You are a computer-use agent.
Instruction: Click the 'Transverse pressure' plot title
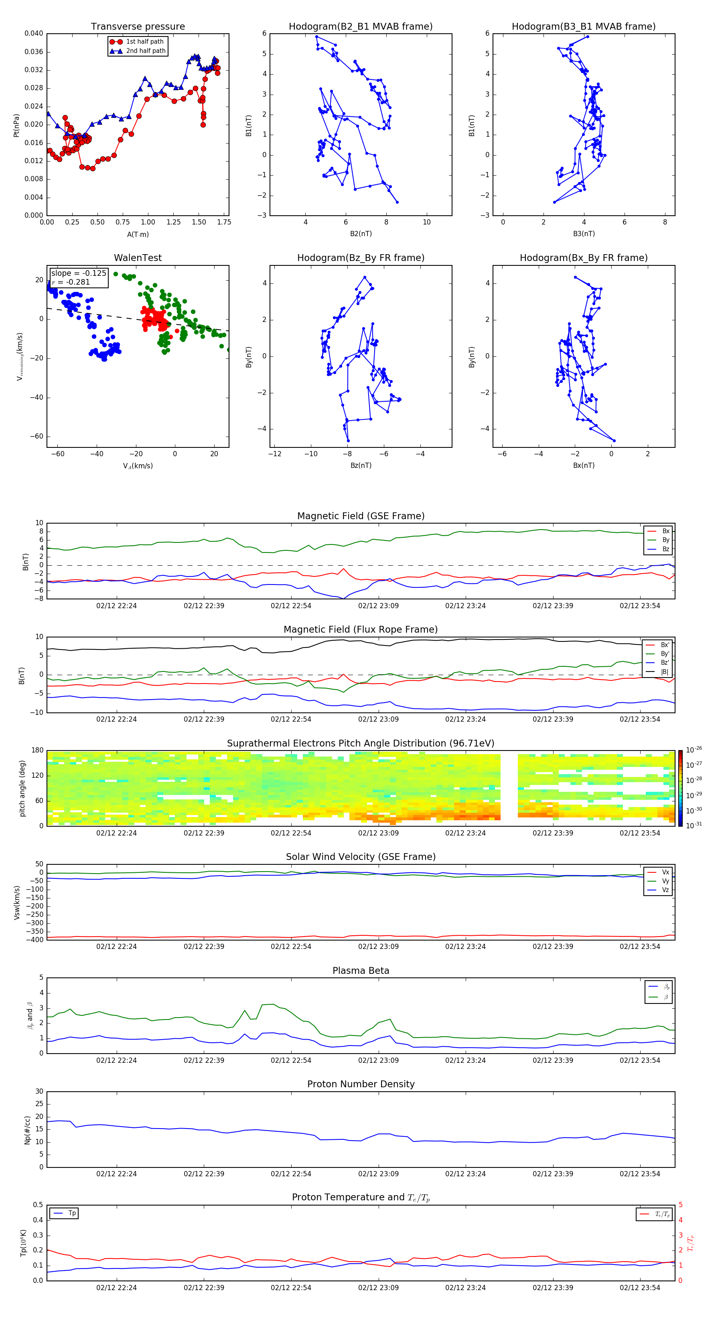[x=138, y=27]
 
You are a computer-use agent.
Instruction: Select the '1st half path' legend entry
[x=144, y=42]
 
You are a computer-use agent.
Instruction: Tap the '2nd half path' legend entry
[x=146, y=51]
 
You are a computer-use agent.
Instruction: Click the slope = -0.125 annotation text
[x=78, y=273]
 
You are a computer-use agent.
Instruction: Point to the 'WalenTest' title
[x=138, y=258]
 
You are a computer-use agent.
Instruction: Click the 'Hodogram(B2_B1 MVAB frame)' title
[x=360, y=27]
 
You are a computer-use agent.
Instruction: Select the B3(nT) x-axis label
[x=584, y=234]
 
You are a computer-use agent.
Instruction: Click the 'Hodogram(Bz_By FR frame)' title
[x=360, y=258]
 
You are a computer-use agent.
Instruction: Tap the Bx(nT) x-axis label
[x=584, y=465]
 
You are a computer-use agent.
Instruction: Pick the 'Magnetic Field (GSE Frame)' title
[x=360, y=516]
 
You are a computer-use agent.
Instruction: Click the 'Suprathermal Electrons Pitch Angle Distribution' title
[x=360, y=743]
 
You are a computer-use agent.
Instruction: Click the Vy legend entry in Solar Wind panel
[x=665, y=881]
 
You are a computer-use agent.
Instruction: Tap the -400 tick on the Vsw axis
[x=37, y=940]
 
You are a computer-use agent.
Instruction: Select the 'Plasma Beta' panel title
[x=360, y=971]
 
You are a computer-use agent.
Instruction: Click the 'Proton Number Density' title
[x=360, y=1084]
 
